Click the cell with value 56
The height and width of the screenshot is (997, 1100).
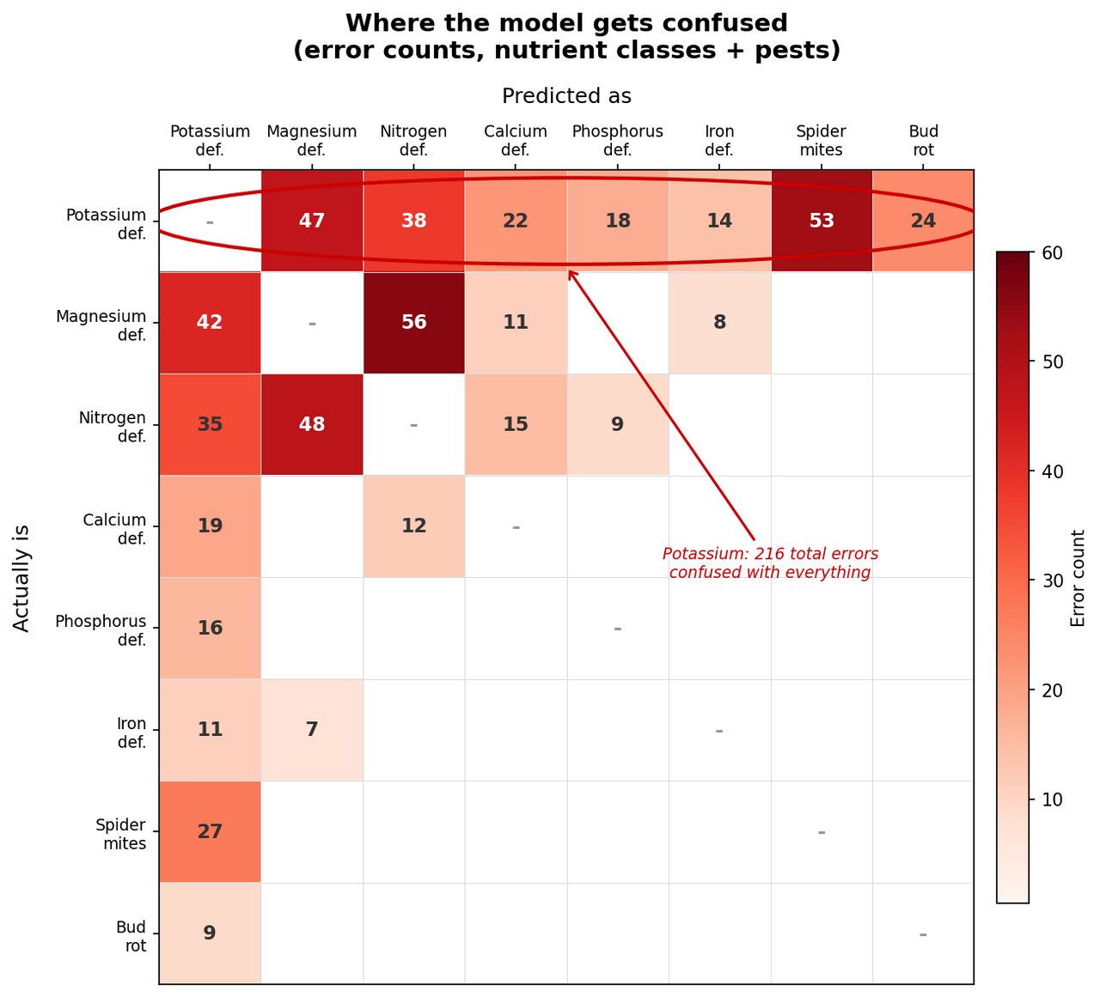[413, 323]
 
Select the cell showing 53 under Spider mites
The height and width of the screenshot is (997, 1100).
[821, 221]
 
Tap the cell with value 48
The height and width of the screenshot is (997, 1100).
[311, 424]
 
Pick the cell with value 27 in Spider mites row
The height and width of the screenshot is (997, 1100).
[210, 831]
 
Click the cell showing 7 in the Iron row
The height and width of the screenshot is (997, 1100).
[311, 730]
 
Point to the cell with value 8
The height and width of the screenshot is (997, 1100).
[719, 323]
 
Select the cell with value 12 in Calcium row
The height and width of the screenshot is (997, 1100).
[413, 526]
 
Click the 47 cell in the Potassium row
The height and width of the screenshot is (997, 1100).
[311, 221]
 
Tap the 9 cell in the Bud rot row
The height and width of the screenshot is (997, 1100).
[210, 933]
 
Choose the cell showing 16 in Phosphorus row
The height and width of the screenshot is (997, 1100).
[210, 628]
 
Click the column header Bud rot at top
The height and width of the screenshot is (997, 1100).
[923, 141]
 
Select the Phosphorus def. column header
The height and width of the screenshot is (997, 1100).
[617, 141]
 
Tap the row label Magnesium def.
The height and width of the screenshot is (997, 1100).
[101, 325]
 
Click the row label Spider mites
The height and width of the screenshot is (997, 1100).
[120, 834]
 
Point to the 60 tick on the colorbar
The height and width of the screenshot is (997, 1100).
[1053, 252]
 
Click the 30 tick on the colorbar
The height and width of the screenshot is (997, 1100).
[1053, 581]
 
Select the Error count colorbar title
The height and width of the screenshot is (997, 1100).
[1079, 578]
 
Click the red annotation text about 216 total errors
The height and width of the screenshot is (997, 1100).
[770, 563]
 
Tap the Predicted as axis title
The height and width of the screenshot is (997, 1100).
[566, 96]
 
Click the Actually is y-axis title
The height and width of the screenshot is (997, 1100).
[22, 578]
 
